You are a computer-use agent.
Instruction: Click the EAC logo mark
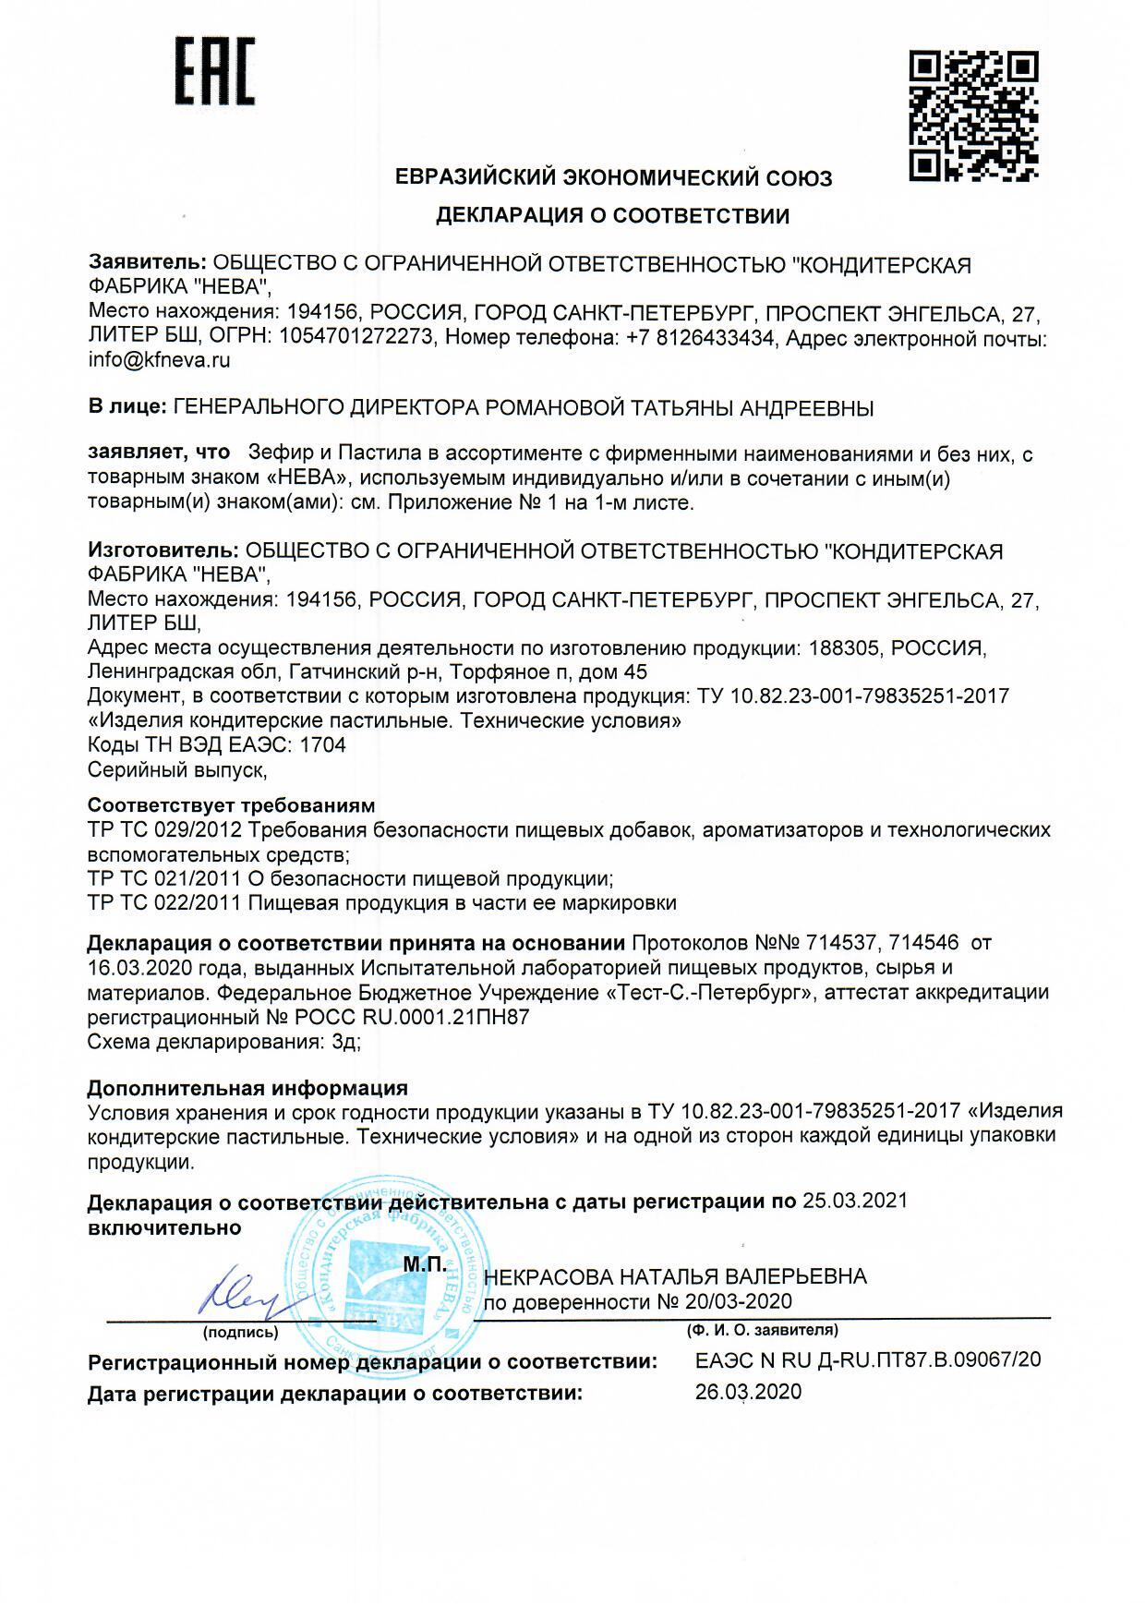[x=215, y=72]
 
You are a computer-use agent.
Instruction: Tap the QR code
[x=973, y=115]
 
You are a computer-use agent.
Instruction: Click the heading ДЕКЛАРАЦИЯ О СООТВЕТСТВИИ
[x=613, y=216]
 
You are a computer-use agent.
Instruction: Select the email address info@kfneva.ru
[x=159, y=361]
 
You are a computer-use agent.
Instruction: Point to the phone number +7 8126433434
[x=699, y=338]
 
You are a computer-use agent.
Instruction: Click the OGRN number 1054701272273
[x=351, y=338]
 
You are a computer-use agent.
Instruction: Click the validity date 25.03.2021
[x=855, y=1201]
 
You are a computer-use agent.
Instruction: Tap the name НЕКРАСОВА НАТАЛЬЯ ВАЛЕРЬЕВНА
[x=675, y=1276]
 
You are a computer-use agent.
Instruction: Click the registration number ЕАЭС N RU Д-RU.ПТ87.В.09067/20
[x=867, y=1360]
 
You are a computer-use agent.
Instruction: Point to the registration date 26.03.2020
[x=748, y=1392]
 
